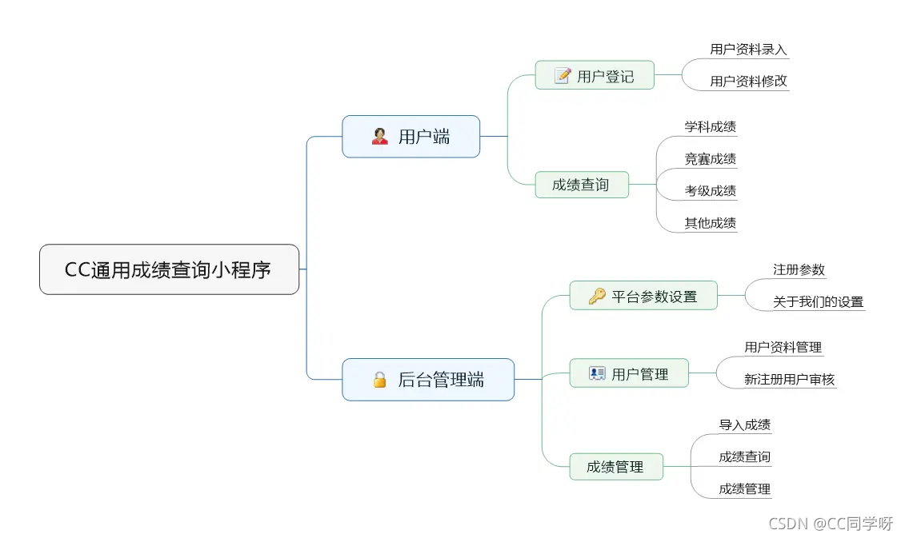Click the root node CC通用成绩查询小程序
169,269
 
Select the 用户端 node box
410,137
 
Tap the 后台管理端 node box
428,380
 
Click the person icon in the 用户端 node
380,137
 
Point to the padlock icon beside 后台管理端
380,380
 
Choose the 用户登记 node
595,76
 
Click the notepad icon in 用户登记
563,76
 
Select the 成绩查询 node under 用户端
581,185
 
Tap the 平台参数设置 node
643,297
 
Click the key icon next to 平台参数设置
597,297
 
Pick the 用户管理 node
629,373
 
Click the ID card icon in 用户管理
597,373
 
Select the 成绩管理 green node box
615,467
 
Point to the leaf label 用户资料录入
748,50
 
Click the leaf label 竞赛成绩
710,159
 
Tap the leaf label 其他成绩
710,223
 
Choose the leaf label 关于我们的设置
818,302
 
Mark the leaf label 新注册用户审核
789,380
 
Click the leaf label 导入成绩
744,425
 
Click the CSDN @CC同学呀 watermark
830,524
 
